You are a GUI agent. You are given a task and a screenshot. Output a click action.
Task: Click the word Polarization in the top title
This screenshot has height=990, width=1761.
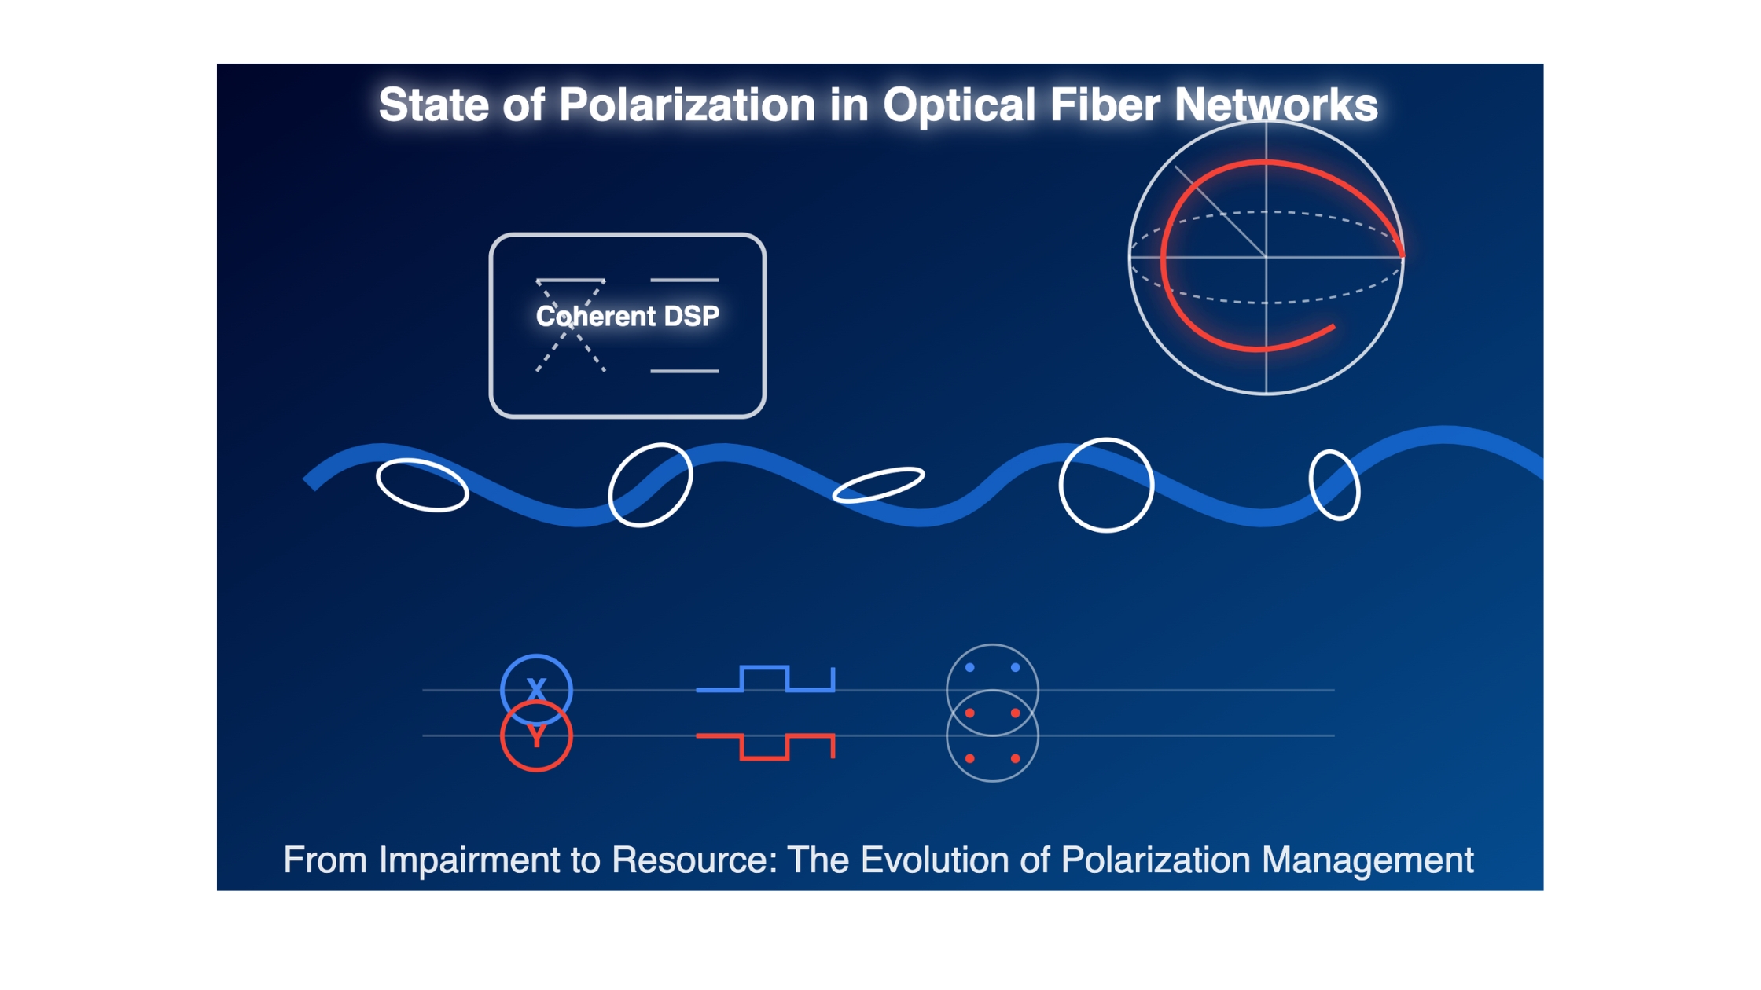[687, 104]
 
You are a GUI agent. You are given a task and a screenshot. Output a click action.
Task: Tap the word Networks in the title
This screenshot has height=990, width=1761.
[1276, 104]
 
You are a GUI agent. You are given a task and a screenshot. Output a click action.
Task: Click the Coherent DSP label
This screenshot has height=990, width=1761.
[627, 316]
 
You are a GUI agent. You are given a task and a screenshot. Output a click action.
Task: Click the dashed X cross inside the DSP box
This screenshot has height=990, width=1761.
[571, 325]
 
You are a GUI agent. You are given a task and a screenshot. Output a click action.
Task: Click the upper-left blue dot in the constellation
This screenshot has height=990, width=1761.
[970, 667]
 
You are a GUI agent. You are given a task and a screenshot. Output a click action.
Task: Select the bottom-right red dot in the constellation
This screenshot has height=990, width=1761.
[1016, 758]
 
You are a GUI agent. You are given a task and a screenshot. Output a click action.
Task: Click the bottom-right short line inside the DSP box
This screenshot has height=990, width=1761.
[685, 371]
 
